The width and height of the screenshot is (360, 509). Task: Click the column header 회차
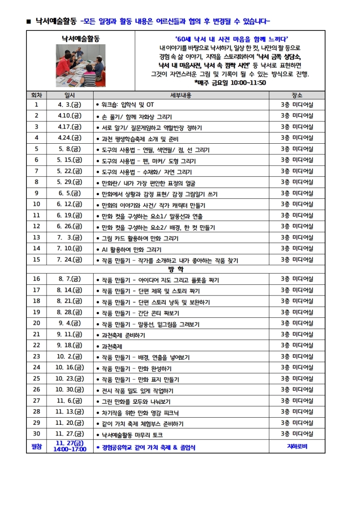click(x=36, y=95)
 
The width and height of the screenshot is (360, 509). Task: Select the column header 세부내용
click(x=181, y=95)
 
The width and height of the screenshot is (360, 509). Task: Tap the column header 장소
click(x=296, y=95)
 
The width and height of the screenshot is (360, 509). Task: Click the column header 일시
click(x=70, y=95)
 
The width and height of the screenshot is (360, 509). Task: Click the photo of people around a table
click(x=81, y=65)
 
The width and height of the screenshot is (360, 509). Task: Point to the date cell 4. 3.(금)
click(x=70, y=105)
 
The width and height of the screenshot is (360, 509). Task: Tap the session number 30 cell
click(x=36, y=434)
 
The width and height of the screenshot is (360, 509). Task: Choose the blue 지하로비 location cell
click(x=296, y=446)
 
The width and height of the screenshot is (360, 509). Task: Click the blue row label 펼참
click(x=36, y=446)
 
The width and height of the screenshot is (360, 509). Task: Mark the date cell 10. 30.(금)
click(x=70, y=389)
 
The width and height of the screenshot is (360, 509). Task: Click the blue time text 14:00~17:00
click(x=70, y=449)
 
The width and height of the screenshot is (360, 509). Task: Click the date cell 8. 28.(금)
click(x=70, y=312)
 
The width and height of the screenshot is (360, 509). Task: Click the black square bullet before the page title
click(x=28, y=21)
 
